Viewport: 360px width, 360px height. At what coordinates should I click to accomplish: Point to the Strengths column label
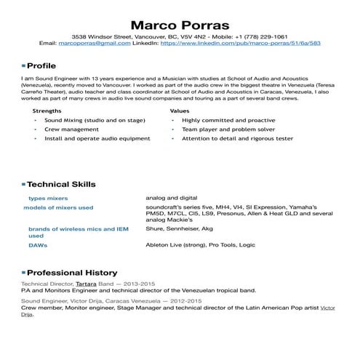click(47, 111)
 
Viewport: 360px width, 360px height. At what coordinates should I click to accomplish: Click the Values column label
click(180, 111)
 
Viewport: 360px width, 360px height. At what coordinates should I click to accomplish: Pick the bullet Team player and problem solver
click(224, 128)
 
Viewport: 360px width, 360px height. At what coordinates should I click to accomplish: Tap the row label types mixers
click(47, 198)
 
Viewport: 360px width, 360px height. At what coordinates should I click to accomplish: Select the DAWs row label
click(39, 245)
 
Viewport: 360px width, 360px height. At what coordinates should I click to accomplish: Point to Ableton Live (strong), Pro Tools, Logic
click(200, 245)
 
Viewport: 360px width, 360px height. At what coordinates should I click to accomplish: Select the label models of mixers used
click(58, 207)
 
